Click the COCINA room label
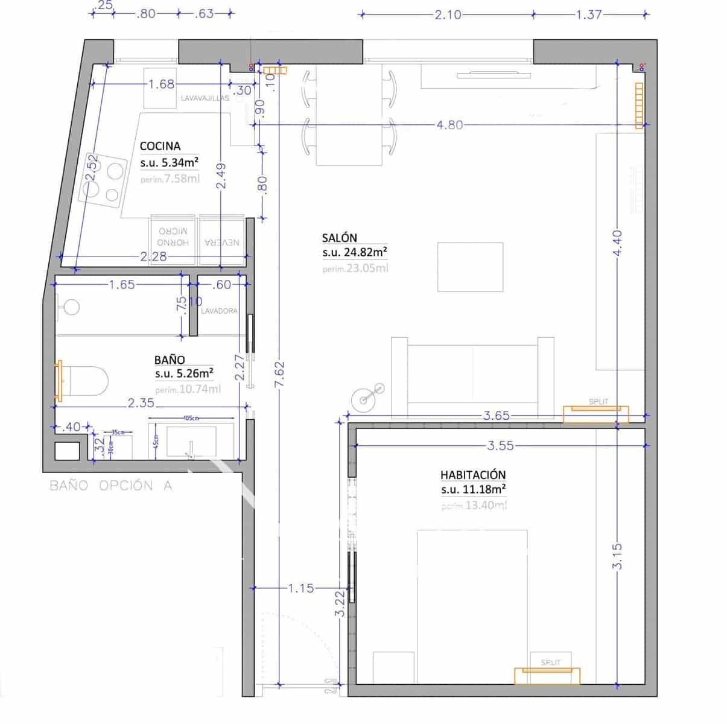click(x=160, y=146)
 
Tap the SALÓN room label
click(x=339, y=238)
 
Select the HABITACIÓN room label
click(x=472, y=475)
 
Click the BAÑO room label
click(x=170, y=360)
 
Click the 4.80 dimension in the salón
click(x=449, y=125)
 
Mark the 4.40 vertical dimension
click(x=617, y=243)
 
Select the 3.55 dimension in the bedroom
click(x=500, y=446)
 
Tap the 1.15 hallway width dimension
click(x=300, y=588)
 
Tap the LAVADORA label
click(x=219, y=311)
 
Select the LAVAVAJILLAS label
click(x=205, y=98)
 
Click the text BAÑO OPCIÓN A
click(x=111, y=486)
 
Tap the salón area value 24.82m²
click(x=365, y=252)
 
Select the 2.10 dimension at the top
click(x=447, y=15)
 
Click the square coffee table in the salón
click(x=470, y=267)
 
